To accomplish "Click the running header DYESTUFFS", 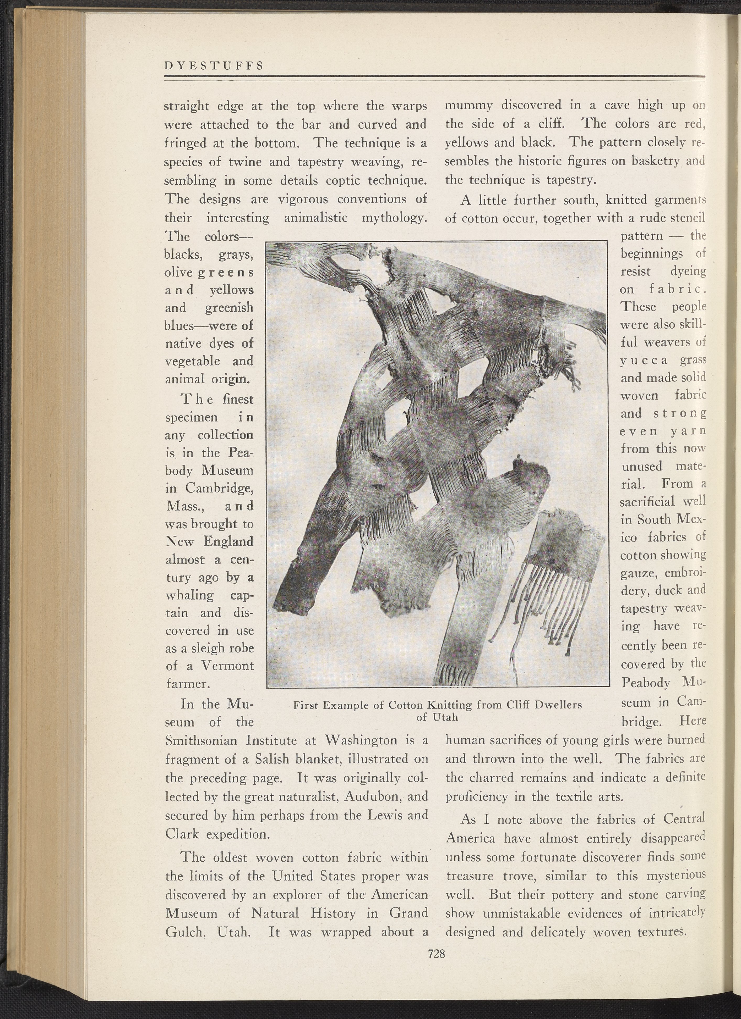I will [x=213, y=66].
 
